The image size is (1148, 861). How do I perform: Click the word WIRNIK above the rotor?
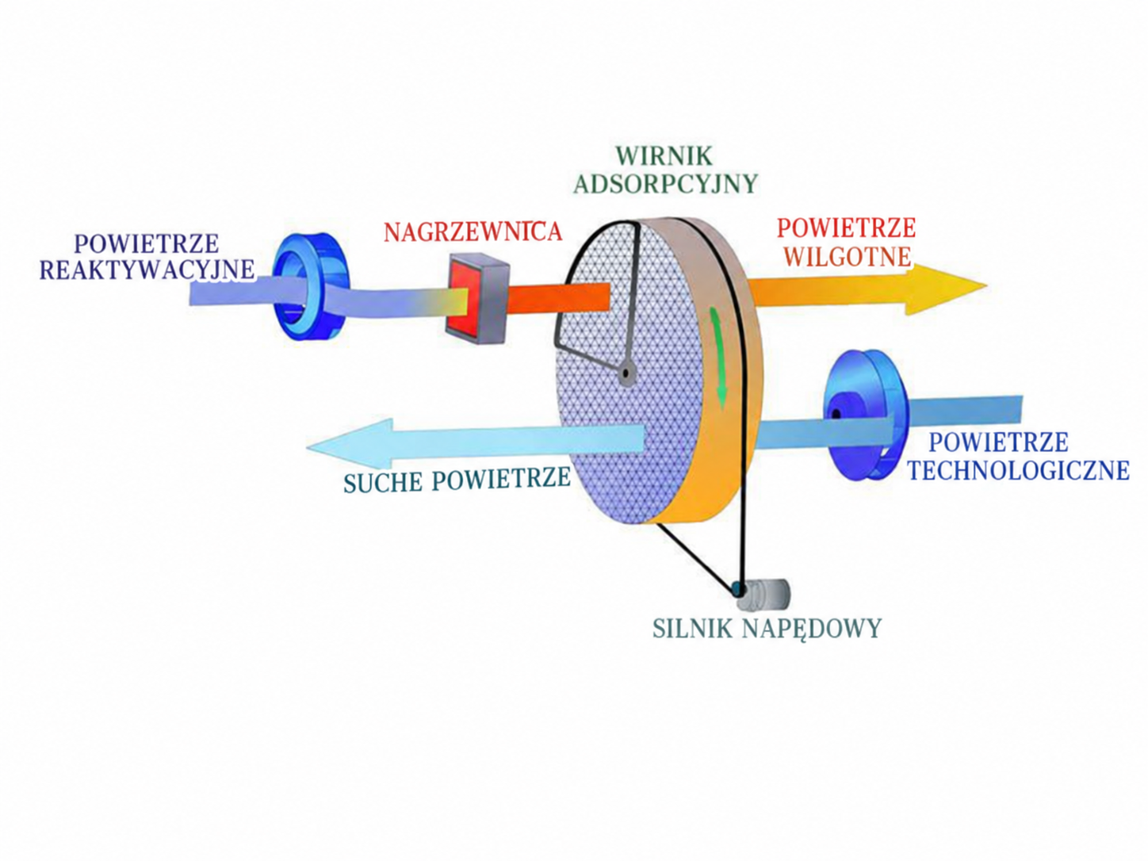664,155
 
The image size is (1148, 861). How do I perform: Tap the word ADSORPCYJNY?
665,183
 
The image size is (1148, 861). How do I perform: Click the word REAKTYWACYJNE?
147,270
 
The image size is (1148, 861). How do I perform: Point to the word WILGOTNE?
848,257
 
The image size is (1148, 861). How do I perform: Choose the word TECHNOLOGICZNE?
1018,470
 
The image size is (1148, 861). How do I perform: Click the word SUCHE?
383,483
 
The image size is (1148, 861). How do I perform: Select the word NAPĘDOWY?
812,629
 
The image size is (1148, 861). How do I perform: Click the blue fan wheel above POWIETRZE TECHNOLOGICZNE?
864,415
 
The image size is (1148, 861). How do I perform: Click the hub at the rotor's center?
625,373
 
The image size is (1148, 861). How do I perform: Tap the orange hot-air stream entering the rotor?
559,298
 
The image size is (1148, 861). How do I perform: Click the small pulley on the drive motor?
738,590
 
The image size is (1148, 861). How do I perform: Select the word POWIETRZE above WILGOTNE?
846,228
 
